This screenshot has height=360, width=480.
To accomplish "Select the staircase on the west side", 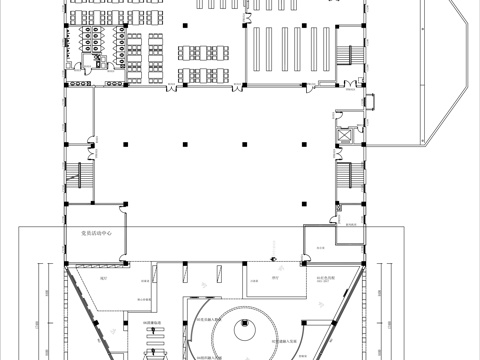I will click(75, 180).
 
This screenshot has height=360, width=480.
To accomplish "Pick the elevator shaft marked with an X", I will click(346, 132).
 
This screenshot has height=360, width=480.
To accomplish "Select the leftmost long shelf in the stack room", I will click(258, 50).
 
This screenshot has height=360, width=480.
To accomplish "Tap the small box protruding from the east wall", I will click(370, 99).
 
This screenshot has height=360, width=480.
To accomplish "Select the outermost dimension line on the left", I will click(38, 310).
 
